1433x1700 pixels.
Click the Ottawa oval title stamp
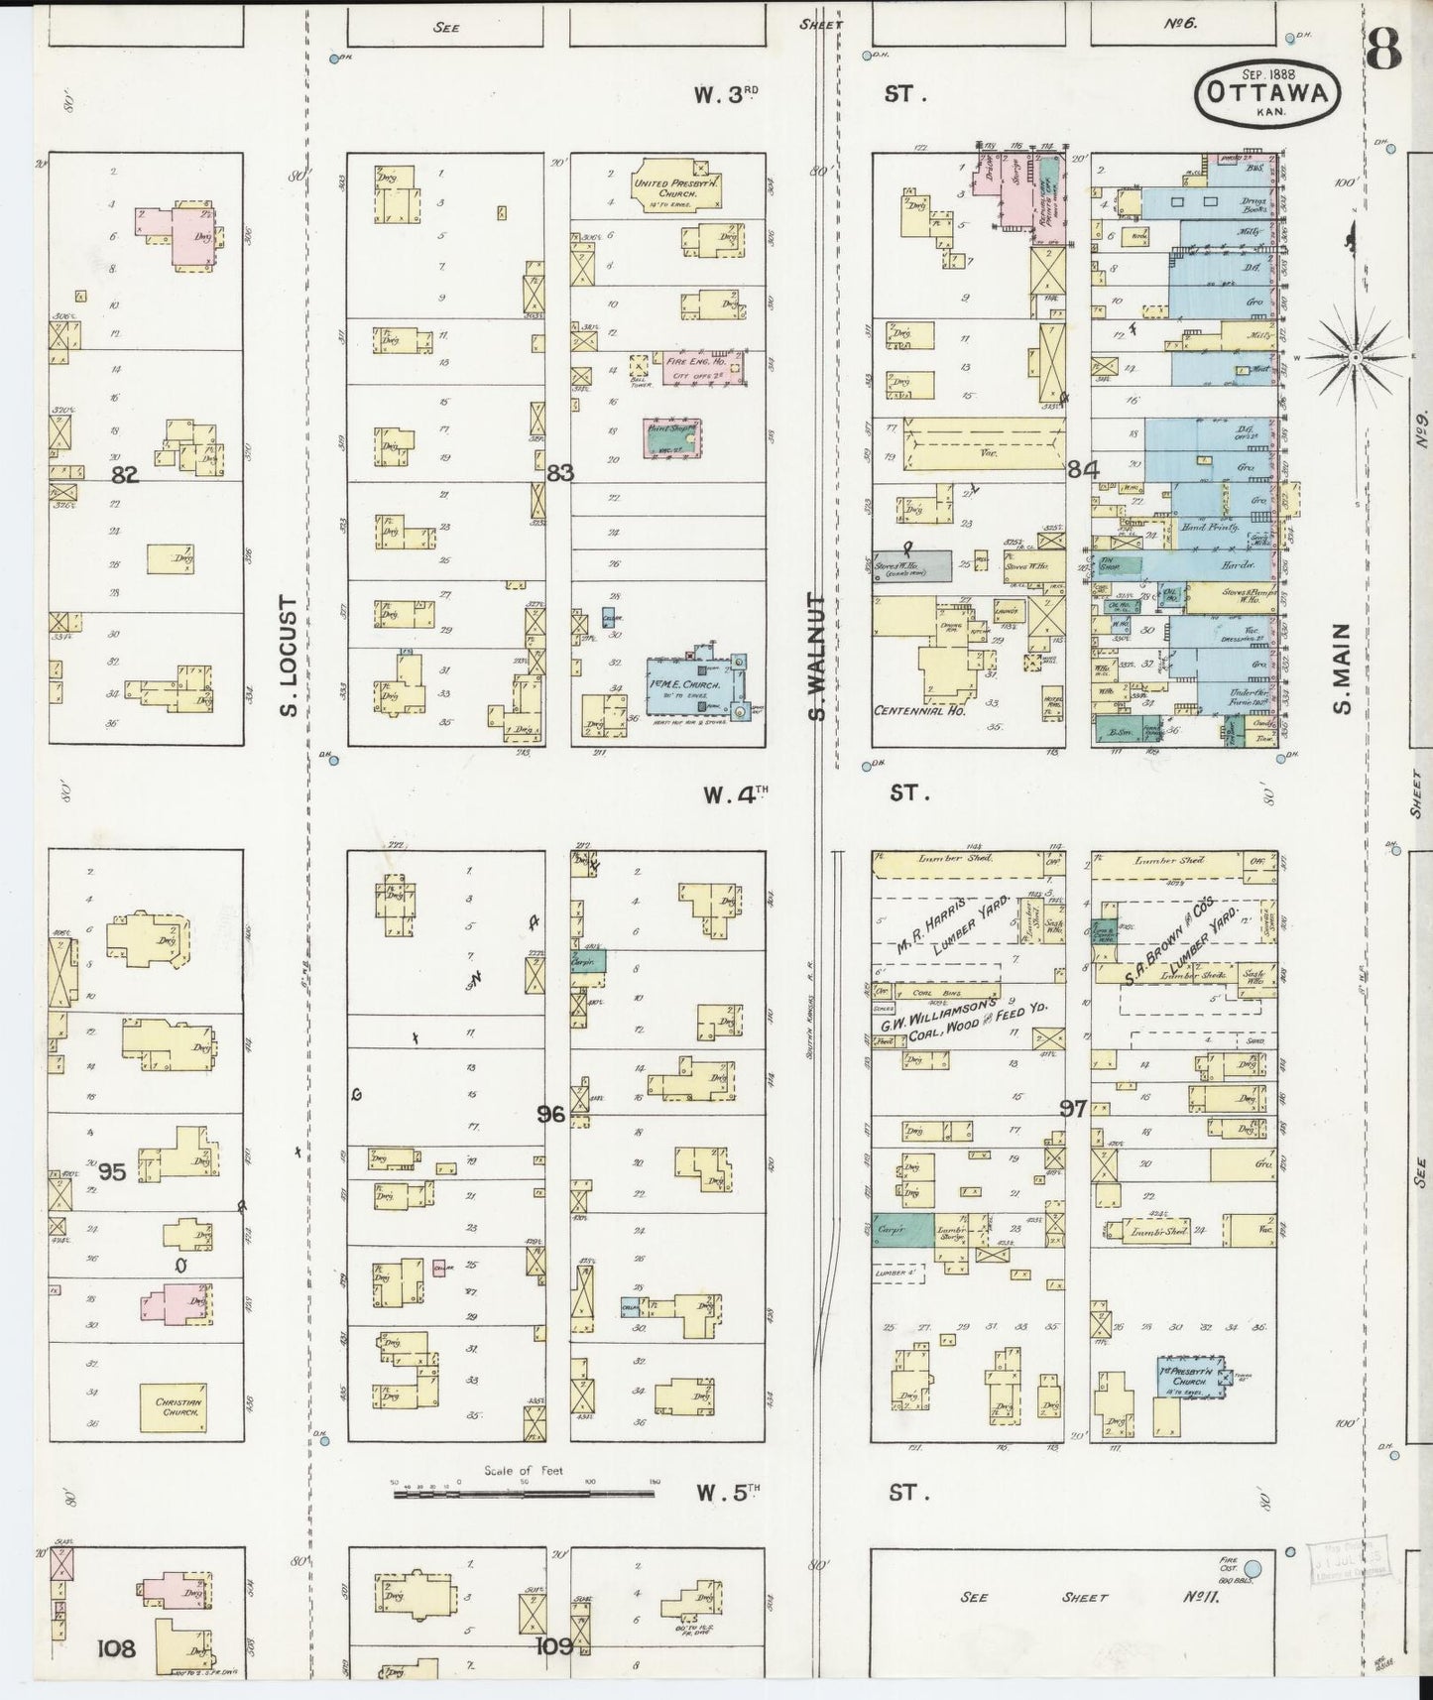[1267, 91]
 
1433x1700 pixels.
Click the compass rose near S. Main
[1356, 355]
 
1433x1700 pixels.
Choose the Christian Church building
[179, 1407]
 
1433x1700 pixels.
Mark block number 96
[551, 1114]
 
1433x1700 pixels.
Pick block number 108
[116, 1648]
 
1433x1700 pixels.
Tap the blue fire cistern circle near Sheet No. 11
[1252, 1568]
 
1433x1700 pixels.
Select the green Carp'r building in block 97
[903, 1229]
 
